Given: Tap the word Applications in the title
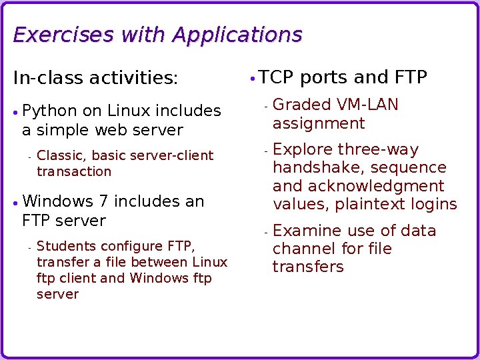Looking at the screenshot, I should [x=237, y=35].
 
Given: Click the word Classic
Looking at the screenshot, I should [x=61, y=155].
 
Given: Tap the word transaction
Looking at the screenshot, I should [x=74, y=171].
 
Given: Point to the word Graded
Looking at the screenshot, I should [x=302, y=105].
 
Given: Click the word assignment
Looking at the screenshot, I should [x=319, y=123].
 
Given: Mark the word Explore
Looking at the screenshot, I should [x=303, y=149].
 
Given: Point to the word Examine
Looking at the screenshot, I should [x=307, y=231].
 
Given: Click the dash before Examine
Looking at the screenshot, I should [x=265, y=232].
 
